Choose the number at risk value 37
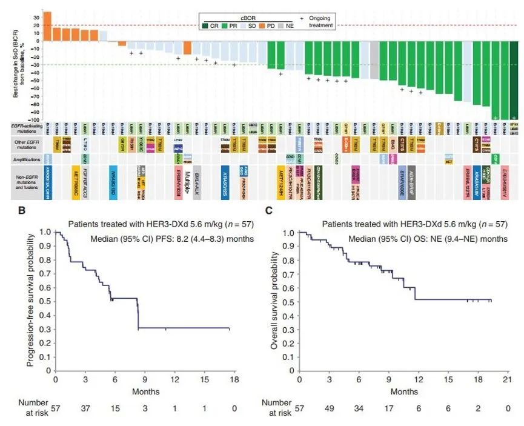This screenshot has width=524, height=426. click(x=85, y=407)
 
